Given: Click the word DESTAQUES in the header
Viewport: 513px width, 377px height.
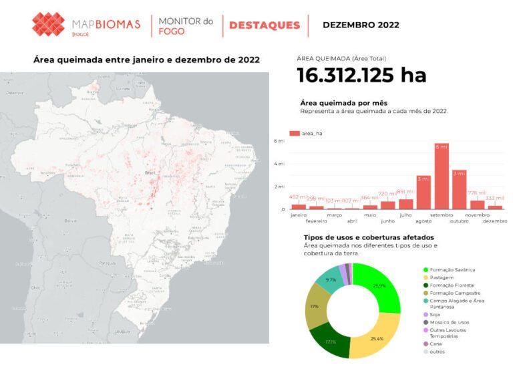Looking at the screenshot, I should pos(265,25).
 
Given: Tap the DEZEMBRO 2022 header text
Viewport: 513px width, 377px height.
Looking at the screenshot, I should pos(361,25).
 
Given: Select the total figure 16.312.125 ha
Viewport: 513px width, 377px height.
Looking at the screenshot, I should pos(361,75).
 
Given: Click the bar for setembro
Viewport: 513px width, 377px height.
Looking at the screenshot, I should pos(442,176).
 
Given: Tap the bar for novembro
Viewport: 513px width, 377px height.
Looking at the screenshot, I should pos(477,205).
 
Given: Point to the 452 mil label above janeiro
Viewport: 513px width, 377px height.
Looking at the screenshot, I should pos(298,198).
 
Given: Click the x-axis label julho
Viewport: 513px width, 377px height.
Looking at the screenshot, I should pos(405,215).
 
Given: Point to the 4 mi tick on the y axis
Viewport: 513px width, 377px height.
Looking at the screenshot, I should pos(280,164).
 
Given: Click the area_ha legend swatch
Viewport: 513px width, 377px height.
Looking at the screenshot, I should pos(295,134).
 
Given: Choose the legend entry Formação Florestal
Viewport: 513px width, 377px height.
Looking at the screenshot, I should pos(452,285).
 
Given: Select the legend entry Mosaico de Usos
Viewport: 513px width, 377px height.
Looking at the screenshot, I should pos(450,322).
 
